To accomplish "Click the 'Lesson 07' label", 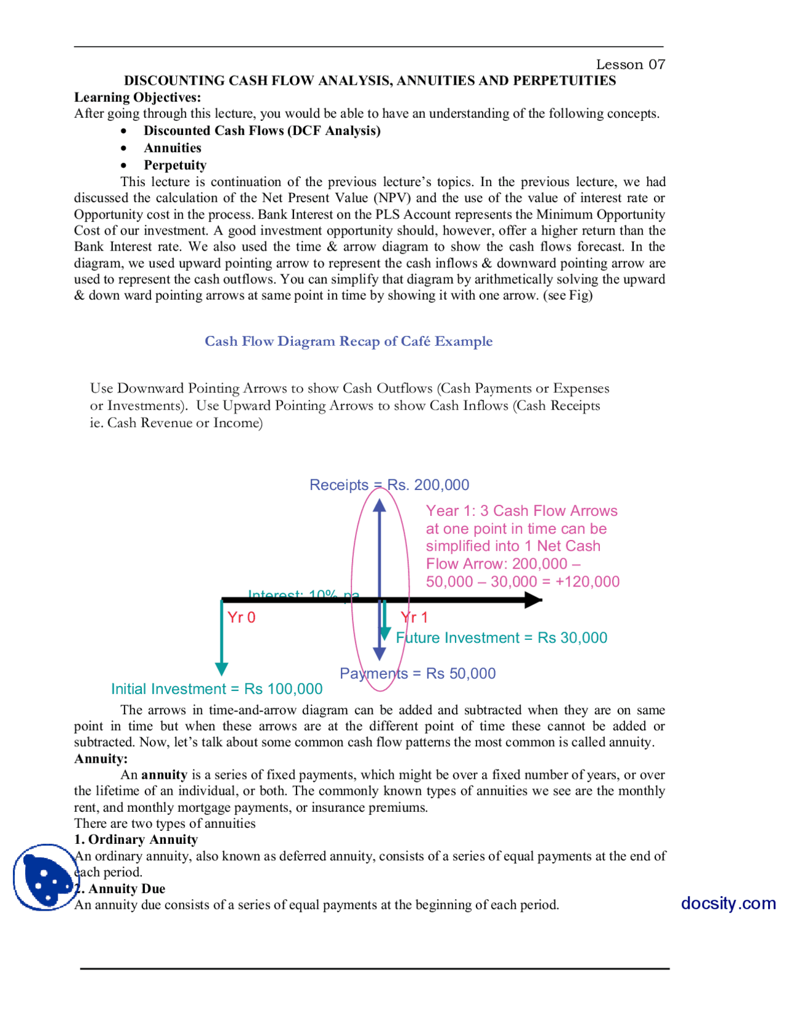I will pyautogui.click(x=630, y=64).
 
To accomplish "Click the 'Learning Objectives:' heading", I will pyautogui.click(x=138, y=97).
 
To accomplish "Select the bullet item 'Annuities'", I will pyautogui.click(x=173, y=148).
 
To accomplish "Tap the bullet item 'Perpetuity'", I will pyautogui.click(x=175, y=165).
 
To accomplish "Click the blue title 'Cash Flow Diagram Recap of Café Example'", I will pyautogui.click(x=348, y=341).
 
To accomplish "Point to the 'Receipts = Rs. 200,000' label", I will pyautogui.click(x=389, y=485).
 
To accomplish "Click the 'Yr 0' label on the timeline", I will pyautogui.click(x=241, y=618).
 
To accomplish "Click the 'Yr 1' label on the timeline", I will pyautogui.click(x=414, y=618).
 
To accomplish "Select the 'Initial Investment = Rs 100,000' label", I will pyautogui.click(x=217, y=689).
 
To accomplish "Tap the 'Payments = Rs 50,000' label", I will pyautogui.click(x=418, y=674).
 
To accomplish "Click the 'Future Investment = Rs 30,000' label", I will pyautogui.click(x=502, y=638).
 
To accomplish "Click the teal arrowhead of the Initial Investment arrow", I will pyautogui.click(x=222, y=669).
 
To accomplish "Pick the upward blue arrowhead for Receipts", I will pyautogui.click(x=379, y=505).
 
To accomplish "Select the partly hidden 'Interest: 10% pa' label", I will pyautogui.click(x=303, y=594).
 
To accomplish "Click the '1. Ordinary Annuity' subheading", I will pyautogui.click(x=136, y=840).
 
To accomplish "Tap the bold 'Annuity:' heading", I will pyautogui.click(x=101, y=758).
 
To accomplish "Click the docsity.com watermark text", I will pyautogui.click(x=728, y=903).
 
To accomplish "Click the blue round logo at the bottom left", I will pyautogui.click(x=44, y=876).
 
